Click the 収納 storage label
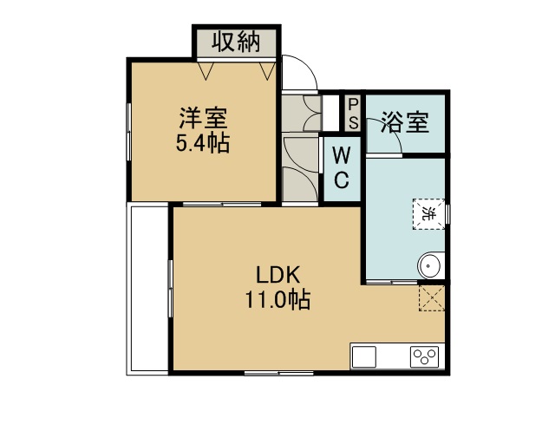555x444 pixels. [236, 42]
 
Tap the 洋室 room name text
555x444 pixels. [203, 118]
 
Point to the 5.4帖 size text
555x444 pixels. [203, 143]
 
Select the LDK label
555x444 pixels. [277, 275]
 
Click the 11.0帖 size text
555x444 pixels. [277, 299]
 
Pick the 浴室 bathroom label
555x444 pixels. [405, 122]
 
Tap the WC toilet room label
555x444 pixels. [342, 168]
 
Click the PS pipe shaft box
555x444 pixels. [353, 114]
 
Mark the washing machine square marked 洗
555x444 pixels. [428, 214]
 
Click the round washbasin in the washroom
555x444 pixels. [429, 265]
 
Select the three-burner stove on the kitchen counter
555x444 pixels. [424, 357]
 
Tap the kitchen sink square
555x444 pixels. [364, 357]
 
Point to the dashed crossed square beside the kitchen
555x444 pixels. [432, 298]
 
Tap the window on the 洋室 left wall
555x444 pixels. [129, 132]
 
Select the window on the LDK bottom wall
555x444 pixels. [279, 373]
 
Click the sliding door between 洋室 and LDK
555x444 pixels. [222, 205]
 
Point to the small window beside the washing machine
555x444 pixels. [447, 214]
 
